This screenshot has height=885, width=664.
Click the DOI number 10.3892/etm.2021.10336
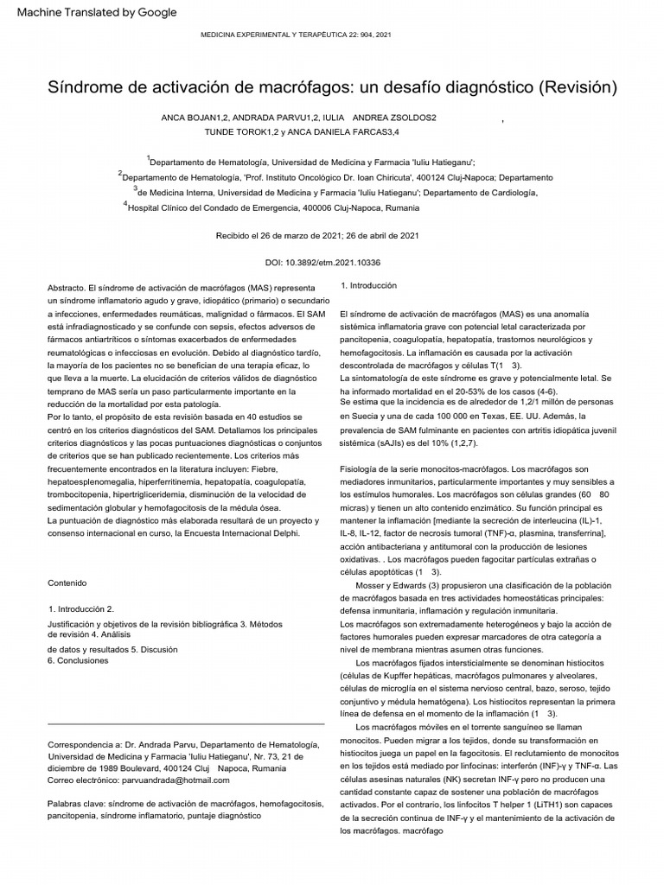pos(344,262)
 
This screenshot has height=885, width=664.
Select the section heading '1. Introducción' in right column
pos(369,285)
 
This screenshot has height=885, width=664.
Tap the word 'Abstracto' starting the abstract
pos(65,285)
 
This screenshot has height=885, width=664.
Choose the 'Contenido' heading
pos(67,582)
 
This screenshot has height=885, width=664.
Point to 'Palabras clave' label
pos(76,803)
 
